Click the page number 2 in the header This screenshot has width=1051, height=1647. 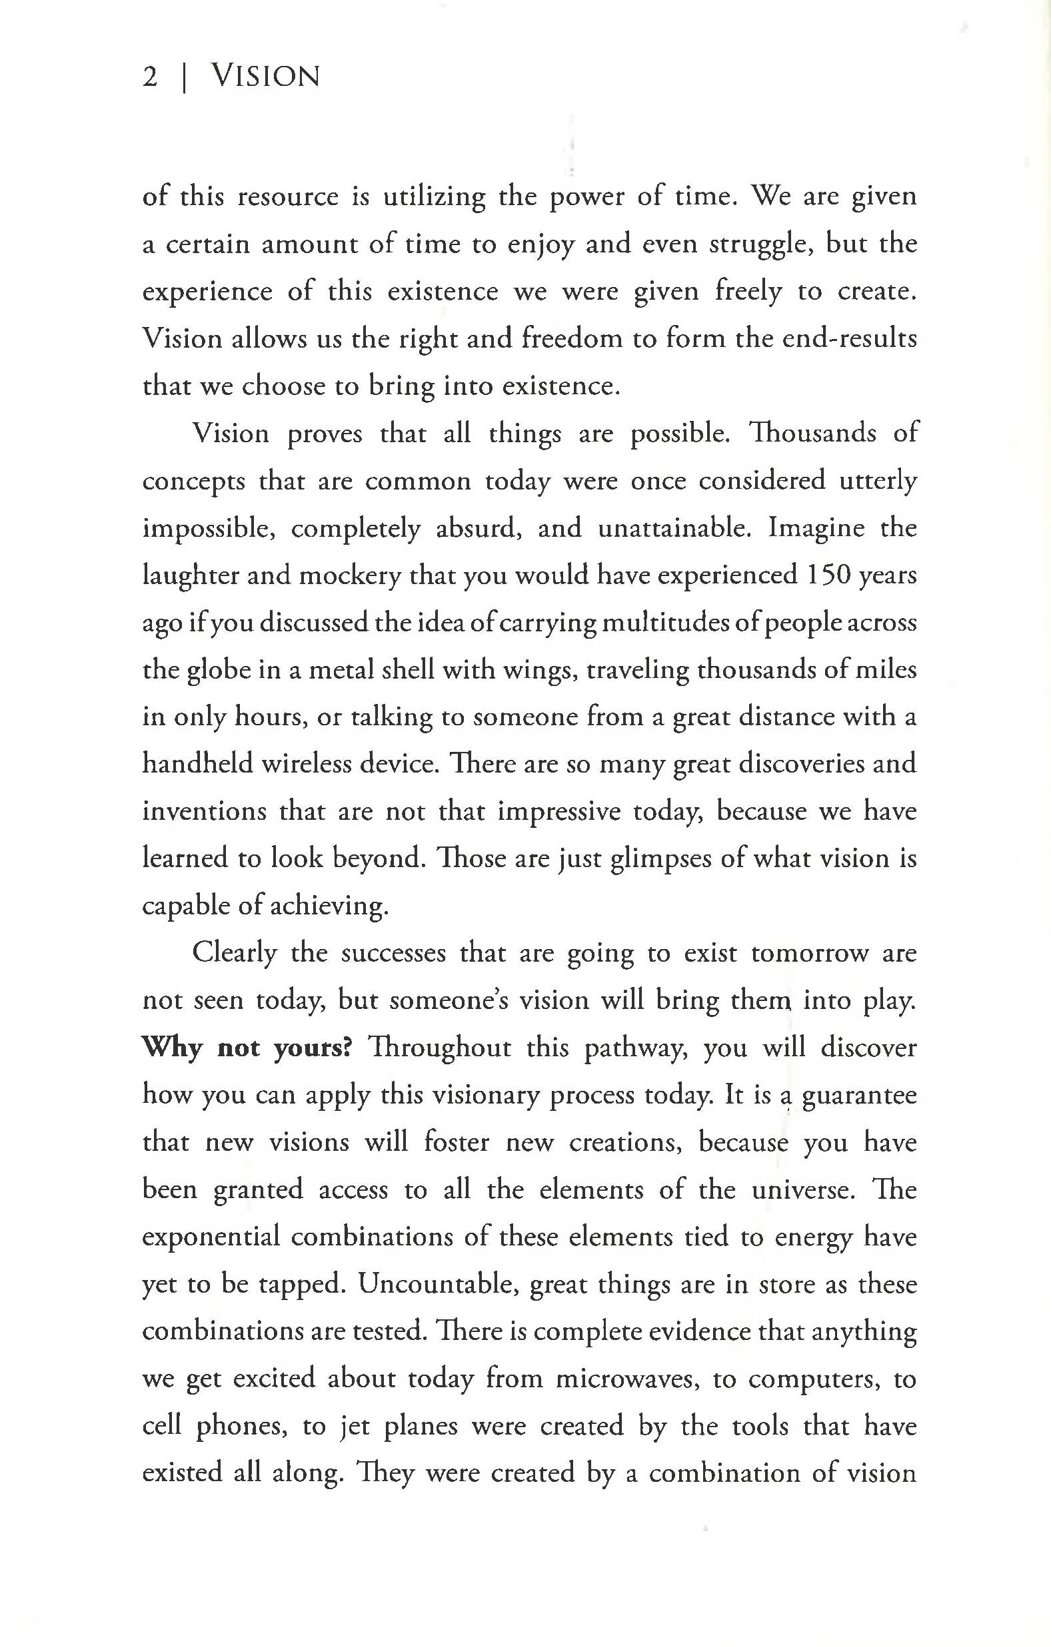(150, 76)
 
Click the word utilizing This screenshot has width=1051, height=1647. (434, 198)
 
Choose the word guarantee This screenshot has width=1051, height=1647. (858, 1096)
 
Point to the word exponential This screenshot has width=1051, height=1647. (211, 1237)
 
